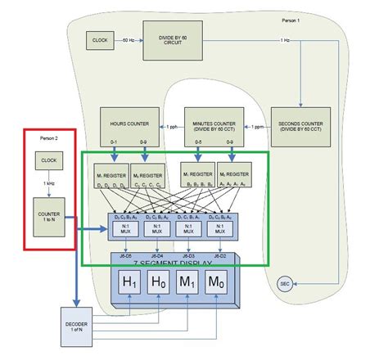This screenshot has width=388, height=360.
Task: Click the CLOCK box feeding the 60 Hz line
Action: pos(101,39)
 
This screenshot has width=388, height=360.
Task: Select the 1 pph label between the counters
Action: pos(171,126)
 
